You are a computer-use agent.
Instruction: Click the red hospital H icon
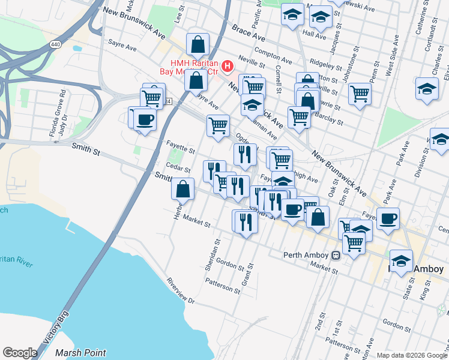point(228,65)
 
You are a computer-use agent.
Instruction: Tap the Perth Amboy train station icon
point(336,255)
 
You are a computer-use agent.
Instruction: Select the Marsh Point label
point(80,353)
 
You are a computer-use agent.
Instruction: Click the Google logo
point(20,352)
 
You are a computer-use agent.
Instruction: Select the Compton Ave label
point(273,55)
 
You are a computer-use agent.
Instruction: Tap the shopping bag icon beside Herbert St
point(183,188)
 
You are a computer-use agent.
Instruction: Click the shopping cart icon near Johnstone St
point(360,94)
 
